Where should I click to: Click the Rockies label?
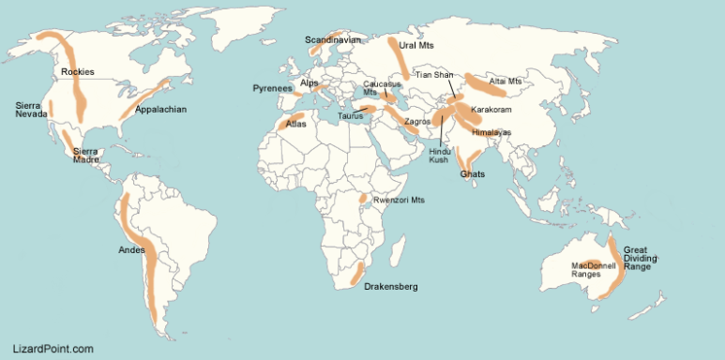point(77,72)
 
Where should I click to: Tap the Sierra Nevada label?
point(31,109)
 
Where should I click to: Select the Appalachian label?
point(160,110)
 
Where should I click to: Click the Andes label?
point(131,250)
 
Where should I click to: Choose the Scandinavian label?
point(332,40)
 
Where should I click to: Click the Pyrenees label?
point(273,88)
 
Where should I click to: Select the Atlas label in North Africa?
point(295,123)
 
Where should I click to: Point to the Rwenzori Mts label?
point(399,200)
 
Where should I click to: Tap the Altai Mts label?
point(505,82)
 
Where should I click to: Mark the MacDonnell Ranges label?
point(593,270)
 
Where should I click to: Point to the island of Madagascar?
point(399,250)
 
